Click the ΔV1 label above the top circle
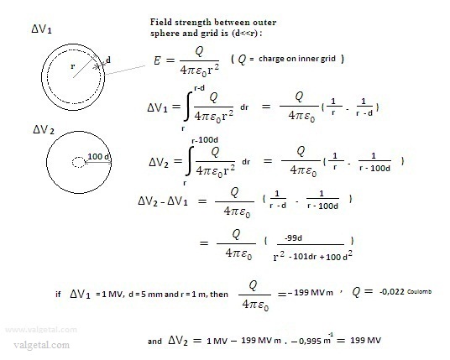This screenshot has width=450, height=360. tap(42, 29)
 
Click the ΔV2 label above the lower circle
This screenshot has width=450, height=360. tap(44, 130)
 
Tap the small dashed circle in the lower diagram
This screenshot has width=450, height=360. tap(79, 162)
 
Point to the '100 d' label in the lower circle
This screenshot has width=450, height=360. tap(98, 157)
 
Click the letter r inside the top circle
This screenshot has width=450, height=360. tap(72, 66)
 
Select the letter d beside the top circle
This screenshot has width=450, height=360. tap(108, 60)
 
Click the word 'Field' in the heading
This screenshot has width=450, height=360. tap(161, 22)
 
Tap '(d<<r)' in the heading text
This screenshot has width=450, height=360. tap(247, 34)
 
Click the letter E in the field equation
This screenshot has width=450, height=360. tap(157, 60)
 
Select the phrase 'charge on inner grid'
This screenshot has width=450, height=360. tap(297, 59)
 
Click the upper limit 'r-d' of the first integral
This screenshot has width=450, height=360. tap(199, 88)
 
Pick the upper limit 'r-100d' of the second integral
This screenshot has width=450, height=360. tap(205, 140)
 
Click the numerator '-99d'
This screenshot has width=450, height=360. tap(293, 237)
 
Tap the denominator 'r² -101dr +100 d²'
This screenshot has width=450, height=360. tap(313, 256)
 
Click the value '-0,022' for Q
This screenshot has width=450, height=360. tap(391, 292)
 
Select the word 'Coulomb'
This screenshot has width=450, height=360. tap(419, 292)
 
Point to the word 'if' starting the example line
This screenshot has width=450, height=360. tap(58, 294)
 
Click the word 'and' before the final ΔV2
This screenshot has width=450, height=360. tap(154, 341)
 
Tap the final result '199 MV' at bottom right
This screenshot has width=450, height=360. tap(366, 341)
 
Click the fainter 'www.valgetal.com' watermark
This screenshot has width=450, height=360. tap(41, 330)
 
